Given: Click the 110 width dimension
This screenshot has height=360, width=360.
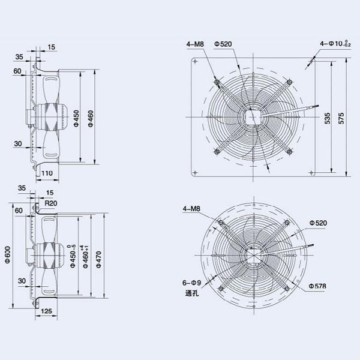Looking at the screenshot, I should tap(47, 173).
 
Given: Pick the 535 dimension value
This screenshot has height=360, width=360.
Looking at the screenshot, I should tap(327, 119).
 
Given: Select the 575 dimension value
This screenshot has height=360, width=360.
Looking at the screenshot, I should tap(342, 119).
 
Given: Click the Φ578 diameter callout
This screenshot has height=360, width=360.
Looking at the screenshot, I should tap(317, 286).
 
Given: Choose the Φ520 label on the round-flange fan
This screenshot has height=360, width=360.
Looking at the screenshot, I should tap(318, 223).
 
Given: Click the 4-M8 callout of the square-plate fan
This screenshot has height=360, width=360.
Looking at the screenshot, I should tap(196, 43).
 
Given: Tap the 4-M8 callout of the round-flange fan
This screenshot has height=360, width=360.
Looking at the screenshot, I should tap(192, 209).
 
